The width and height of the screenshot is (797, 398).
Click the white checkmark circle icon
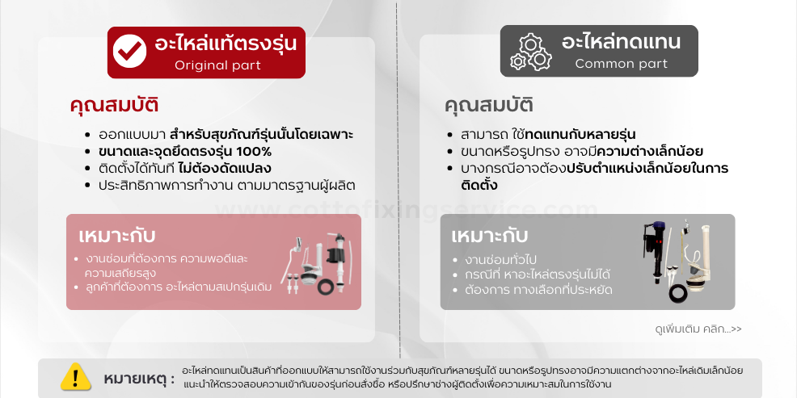[129, 52]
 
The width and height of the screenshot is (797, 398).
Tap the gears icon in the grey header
[530, 52]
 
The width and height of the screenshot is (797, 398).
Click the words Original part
[217, 65]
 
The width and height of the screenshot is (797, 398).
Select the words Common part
[621, 64]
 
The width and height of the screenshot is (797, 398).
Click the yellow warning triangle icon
[76, 377]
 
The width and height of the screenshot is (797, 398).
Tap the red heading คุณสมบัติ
[114, 105]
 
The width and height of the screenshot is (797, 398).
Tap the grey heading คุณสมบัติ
[488, 105]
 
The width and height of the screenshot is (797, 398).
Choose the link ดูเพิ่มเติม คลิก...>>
[698, 329]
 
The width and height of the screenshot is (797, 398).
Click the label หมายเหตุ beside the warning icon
[138, 379]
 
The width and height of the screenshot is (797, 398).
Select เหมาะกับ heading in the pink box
[117, 236]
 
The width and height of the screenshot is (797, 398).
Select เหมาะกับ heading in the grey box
[490, 236]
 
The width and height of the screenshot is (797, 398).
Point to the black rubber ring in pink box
[326, 287]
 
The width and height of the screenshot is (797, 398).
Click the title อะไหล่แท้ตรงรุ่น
[226, 43]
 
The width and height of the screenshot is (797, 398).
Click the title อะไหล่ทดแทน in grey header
[621, 42]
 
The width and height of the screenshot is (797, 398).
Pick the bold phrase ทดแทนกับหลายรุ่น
[580, 135]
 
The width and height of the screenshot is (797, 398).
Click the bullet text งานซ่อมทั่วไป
[500, 260]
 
